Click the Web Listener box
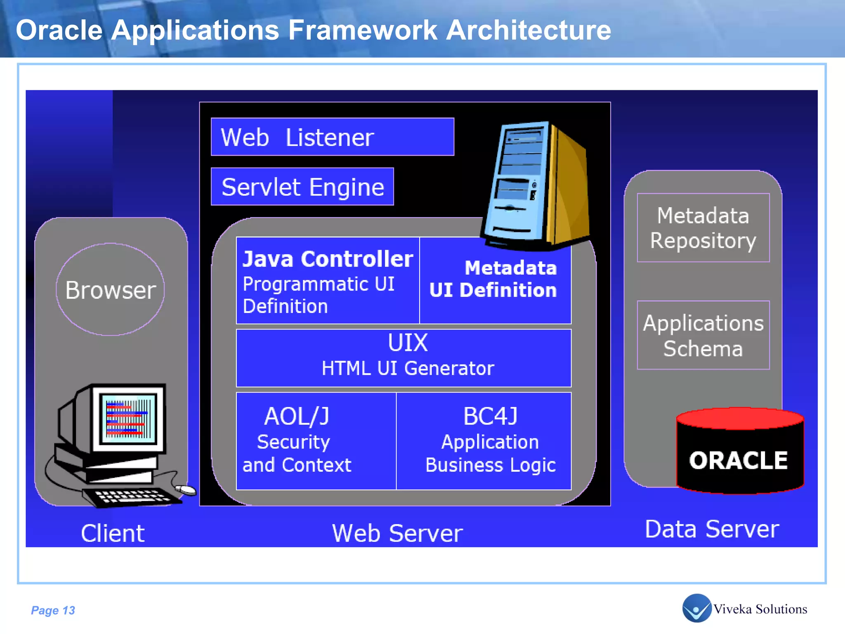[332, 137]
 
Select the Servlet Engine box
[302, 187]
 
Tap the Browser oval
[110, 289]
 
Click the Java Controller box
[328, 281]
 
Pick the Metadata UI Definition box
[495, 281]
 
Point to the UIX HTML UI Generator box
[404, 357]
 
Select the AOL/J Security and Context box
[316, 441]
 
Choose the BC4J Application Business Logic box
[484, 441]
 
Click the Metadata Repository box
[703, 227]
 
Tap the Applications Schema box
[703, 335]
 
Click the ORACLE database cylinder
[739, 454]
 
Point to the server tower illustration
[536, 186]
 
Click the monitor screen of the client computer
[128, 419]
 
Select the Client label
[113, 533]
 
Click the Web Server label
[397, 533]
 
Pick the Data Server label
[712, 529]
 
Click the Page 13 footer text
[53, 610]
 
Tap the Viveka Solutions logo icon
[696, 608]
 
